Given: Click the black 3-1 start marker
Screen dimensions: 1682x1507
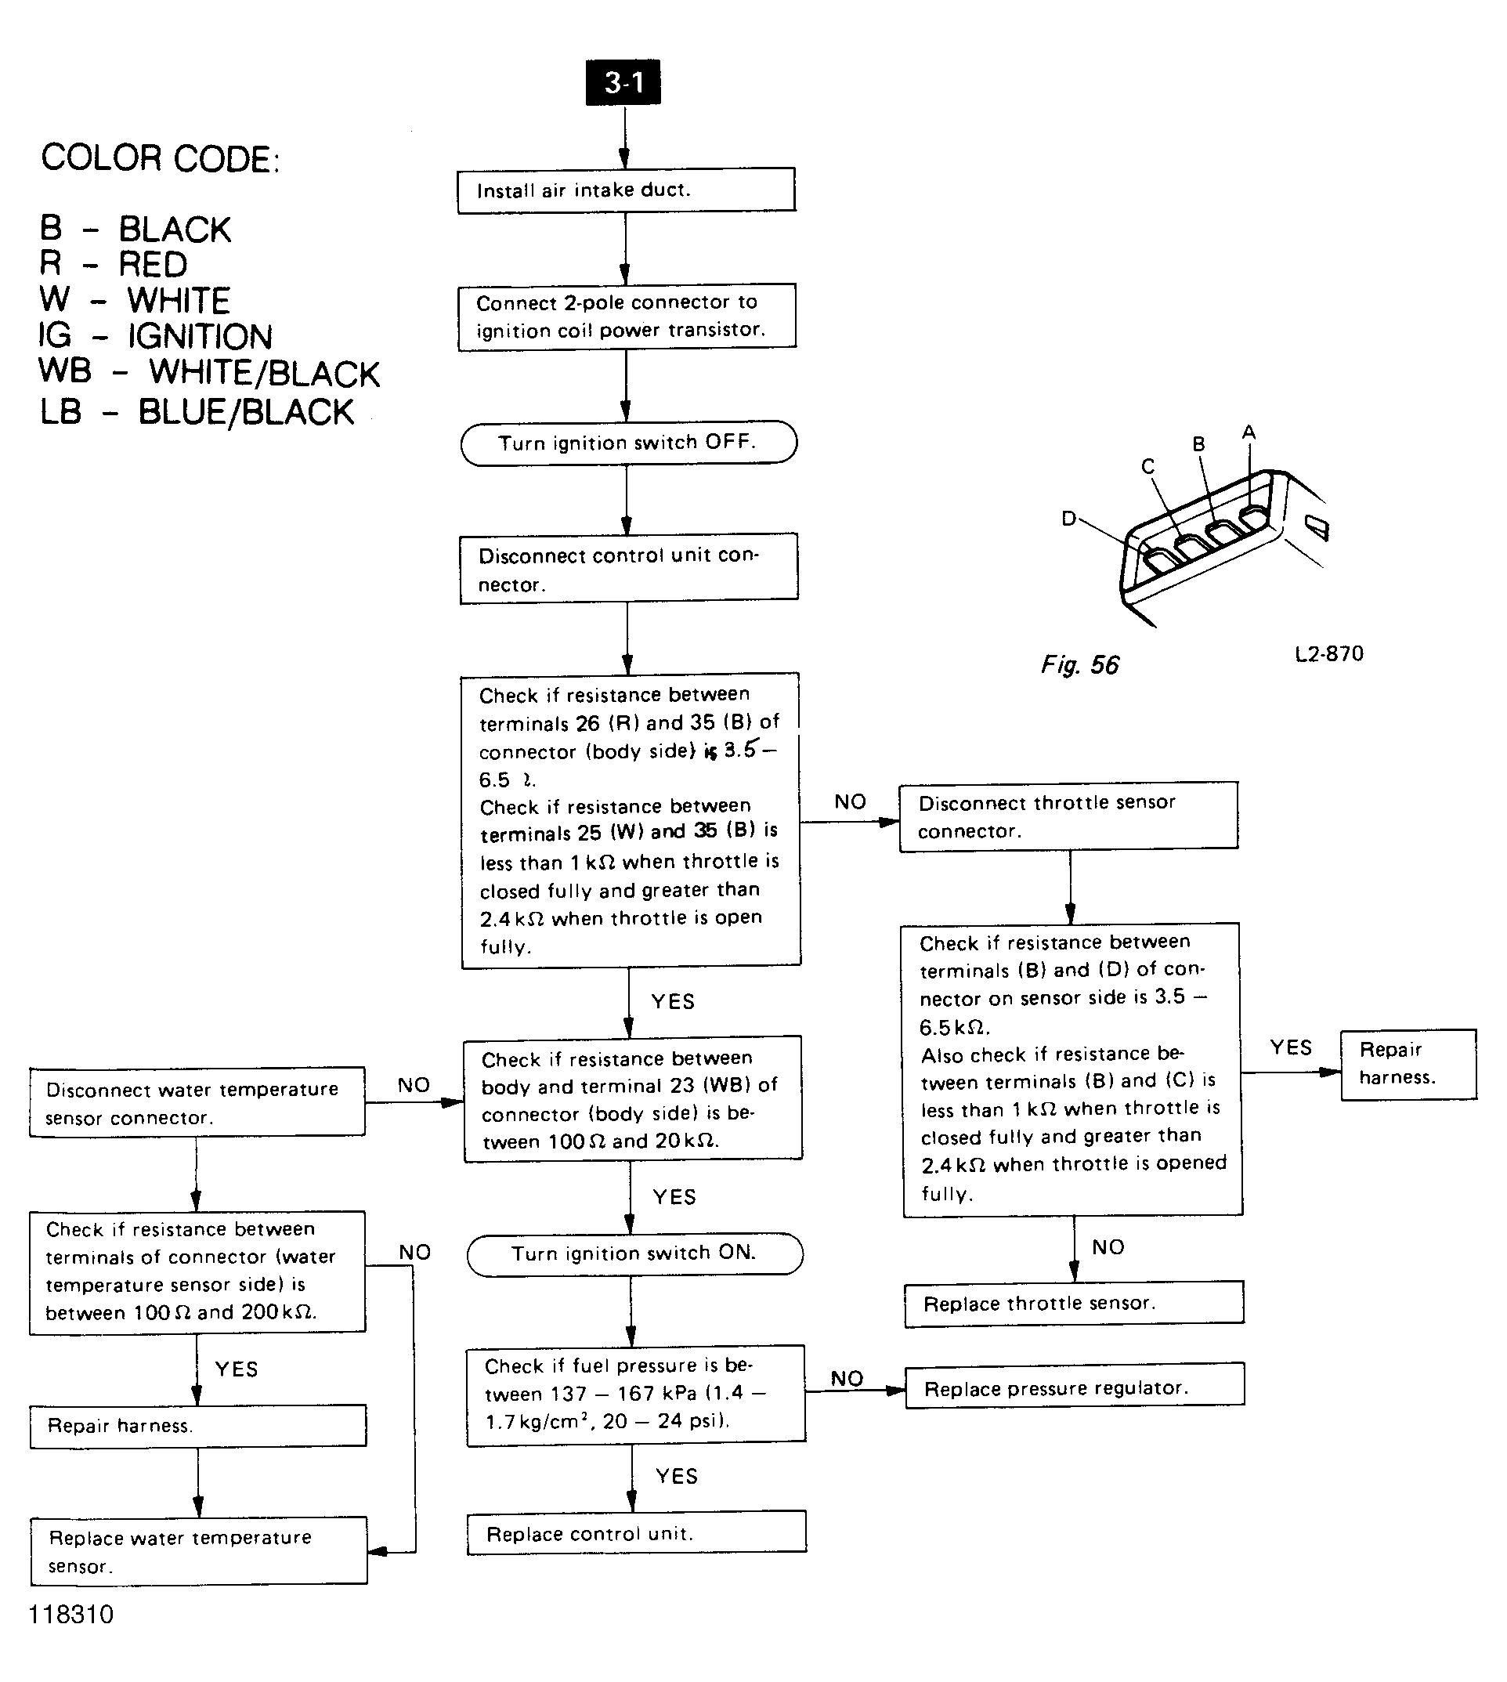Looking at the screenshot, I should [623, 82].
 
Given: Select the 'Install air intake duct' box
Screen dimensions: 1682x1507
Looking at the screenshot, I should [626, 190].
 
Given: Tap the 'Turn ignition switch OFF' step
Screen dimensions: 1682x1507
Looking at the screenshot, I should [627, 443].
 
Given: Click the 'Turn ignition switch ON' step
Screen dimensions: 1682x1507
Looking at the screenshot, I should [634, 1253].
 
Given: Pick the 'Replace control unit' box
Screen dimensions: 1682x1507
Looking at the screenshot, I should [636, 1535].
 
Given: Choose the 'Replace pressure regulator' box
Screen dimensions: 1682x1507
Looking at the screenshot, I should [1074, 1389].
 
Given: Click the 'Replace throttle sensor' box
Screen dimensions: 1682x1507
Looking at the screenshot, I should [1073, 1304].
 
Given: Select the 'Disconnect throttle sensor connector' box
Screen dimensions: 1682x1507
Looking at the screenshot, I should [1068, 816].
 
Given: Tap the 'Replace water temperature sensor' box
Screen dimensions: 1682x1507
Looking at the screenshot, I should [199, 1552].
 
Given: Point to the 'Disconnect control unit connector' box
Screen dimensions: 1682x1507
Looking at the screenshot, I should [628, 570].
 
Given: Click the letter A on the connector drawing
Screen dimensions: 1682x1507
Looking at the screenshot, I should [1249, 432].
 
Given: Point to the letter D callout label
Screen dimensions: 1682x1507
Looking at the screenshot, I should [1069, 519].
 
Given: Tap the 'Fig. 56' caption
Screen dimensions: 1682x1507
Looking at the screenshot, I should [1080, 665].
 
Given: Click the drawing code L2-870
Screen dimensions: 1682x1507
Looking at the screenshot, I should [1328, 654].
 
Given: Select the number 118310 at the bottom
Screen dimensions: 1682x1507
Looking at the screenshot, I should [71, 1614].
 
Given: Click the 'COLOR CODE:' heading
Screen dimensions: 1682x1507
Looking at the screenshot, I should [161, 158].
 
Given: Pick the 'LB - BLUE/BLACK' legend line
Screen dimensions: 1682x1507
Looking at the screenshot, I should [197, 412].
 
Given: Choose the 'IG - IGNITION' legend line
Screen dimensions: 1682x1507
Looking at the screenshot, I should [156, 336].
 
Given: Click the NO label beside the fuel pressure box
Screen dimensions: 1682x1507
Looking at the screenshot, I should [846, 1378].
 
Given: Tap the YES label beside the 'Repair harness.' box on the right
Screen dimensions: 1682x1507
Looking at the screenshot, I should [1290, 1047].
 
